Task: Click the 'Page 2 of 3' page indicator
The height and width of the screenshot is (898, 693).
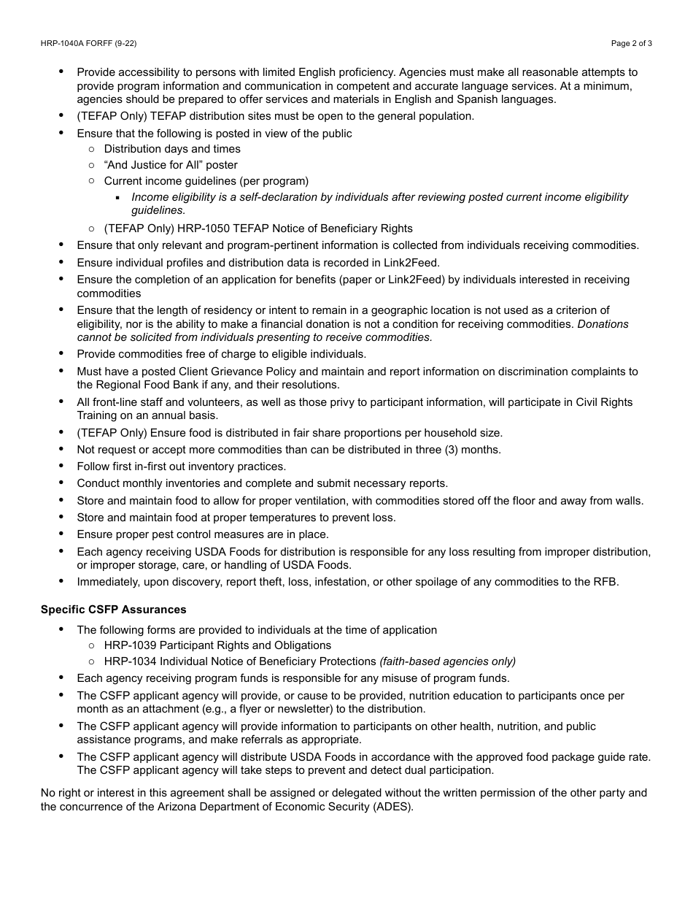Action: [x=631, y=43]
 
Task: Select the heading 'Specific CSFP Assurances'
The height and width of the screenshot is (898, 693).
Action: [x=113, y=609]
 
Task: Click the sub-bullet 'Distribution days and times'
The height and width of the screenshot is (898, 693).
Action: [x=172, y=149]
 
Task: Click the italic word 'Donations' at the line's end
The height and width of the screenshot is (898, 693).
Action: [x=603, y=324]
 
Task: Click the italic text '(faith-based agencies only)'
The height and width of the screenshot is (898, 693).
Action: [x=447, y=661]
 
